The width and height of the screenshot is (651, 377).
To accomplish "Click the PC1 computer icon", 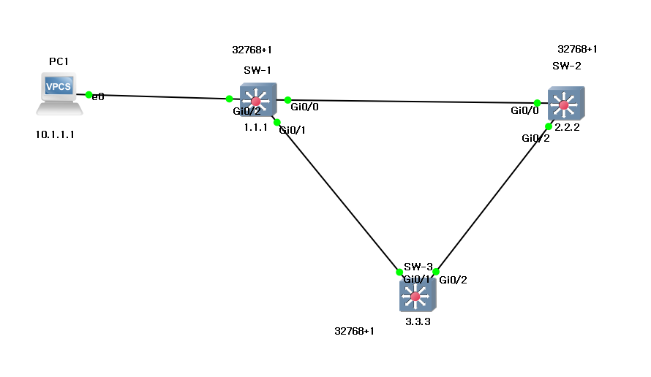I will coord(59,93).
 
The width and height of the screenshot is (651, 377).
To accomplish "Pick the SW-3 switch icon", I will coord(417,296).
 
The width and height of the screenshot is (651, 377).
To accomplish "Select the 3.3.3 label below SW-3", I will coord(418,320).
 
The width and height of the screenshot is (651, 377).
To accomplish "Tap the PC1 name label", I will coord(59,61).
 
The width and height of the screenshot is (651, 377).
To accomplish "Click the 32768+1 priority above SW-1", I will coord(252,50).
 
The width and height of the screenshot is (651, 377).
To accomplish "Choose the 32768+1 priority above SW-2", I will coord(577,50).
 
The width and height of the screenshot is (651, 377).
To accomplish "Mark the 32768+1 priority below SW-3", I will coord(354,331).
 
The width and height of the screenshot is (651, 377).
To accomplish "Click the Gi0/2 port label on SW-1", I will coord(247,112).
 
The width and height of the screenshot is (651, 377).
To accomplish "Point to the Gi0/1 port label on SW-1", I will coord(293,130).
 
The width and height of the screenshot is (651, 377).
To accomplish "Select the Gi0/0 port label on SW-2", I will coord(524,112).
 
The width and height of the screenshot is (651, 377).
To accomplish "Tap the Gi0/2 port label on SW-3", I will coord(453,279).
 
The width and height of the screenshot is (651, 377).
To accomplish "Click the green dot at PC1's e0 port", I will coord(89,95).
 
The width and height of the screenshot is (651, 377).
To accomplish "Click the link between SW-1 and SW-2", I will coord(410,102).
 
